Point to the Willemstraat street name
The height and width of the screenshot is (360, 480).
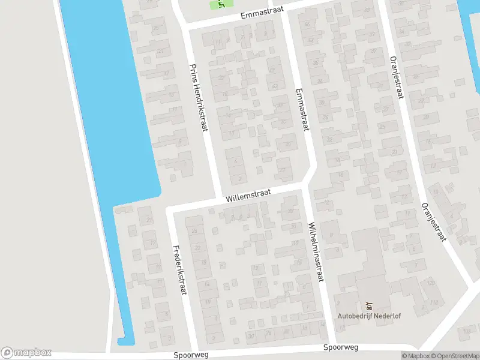coord(248,195)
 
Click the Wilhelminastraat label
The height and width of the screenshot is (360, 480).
coord(316,253)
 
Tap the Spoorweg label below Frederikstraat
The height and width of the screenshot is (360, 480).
coord(191,355)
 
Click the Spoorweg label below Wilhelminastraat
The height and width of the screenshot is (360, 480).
coord(340,347)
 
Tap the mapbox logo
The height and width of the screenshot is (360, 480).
coord(26,353)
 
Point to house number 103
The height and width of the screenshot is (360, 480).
coord(467,331)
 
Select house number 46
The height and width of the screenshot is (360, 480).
coord(308,24)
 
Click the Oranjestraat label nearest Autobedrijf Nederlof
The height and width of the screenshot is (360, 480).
coord(433,221)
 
